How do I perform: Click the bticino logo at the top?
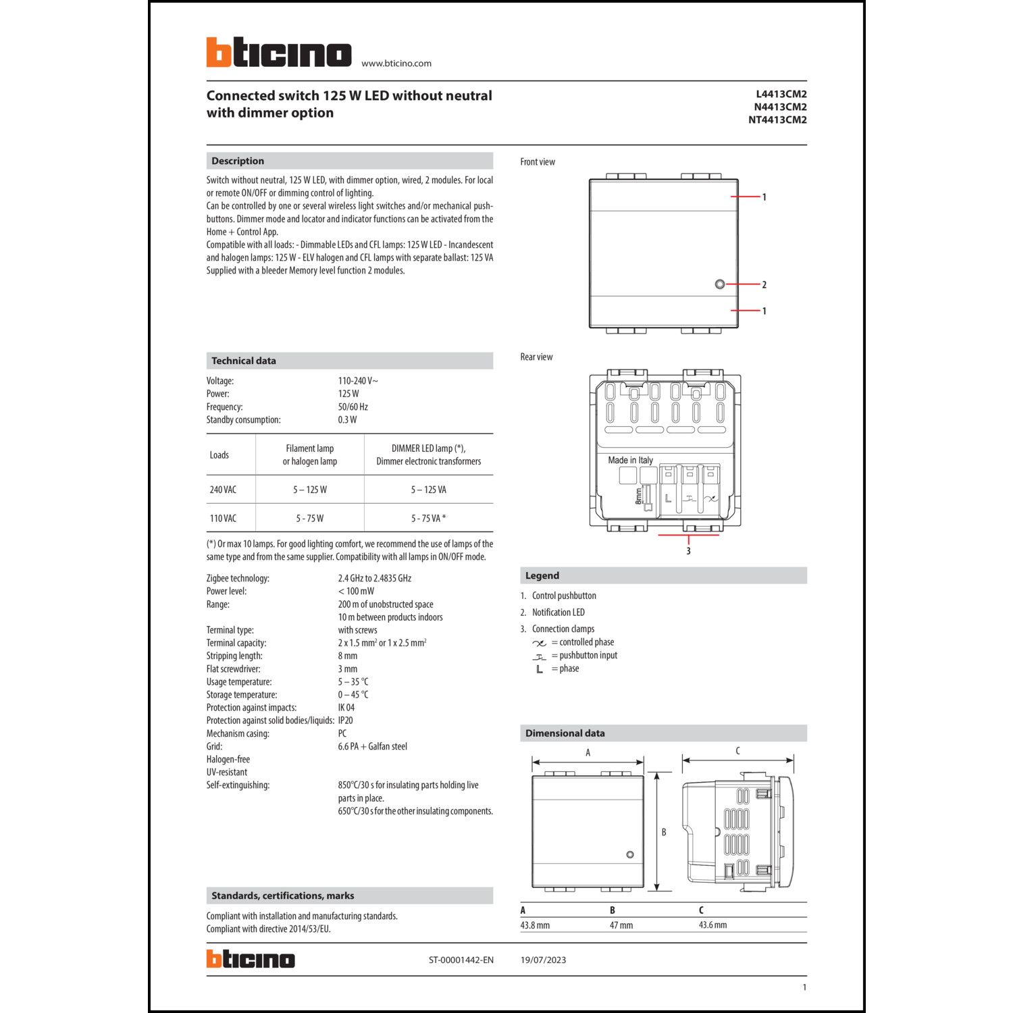click(278, 52)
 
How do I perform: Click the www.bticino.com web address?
click(396, 63)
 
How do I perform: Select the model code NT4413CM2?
click(777, 120)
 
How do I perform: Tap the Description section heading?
click(238, 161)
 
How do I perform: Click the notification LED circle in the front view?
click(719, 284)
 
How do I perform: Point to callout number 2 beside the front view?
click(764, 285)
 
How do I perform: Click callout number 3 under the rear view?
click(688, 551)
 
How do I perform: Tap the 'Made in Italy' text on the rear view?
click(630, 460)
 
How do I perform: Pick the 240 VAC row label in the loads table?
click(223, 490)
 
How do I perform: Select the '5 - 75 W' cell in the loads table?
click(309, 519)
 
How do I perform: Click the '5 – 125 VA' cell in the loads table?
click(428, 490)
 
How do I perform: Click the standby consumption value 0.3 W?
click(347, 420)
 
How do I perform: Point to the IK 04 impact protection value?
click(346, 708)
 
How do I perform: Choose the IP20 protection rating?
click(345, 721)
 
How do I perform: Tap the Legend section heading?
click(542, 575)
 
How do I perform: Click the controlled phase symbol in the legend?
click(539, 643)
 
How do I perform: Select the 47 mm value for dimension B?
click(621, 925)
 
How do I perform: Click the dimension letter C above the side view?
click(737, 751)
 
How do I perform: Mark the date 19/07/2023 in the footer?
click(543, 960)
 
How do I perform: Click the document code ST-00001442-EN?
click(461, 960)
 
